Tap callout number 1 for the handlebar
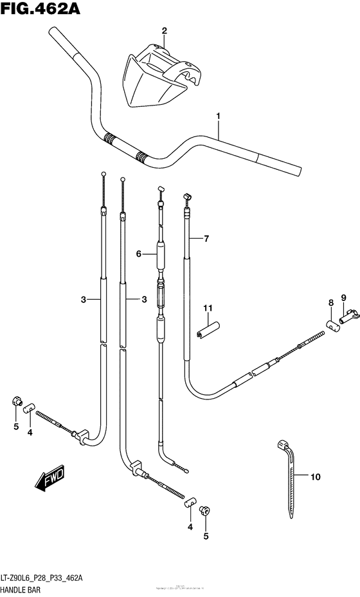[219, 116]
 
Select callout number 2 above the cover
[164, 30]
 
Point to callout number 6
[138, 254]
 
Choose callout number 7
[206, 239]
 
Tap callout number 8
[330, 302]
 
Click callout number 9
[344, 297]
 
